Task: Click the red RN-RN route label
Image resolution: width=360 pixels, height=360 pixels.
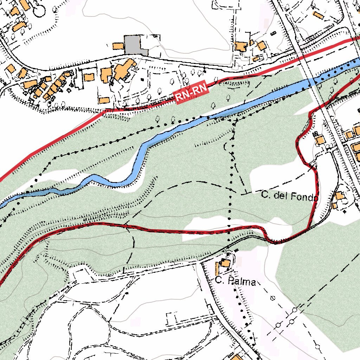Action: click(192, 92)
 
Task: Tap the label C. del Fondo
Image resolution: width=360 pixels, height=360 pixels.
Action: click(290, 196)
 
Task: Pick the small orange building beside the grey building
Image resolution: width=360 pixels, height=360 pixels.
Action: click(118, 46)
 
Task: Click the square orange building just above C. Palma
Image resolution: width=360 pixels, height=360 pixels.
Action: click(225, 263)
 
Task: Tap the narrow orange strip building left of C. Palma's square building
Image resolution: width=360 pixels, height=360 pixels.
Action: click(217, 268)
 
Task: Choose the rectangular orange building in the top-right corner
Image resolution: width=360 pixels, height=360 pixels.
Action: click(318, 15)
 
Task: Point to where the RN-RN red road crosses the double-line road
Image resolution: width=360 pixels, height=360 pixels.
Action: click(302, 54)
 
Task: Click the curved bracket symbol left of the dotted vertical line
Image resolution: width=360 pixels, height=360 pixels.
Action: click(225, 147)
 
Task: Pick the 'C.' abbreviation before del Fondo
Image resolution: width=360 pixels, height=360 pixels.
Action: click(265, 195)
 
